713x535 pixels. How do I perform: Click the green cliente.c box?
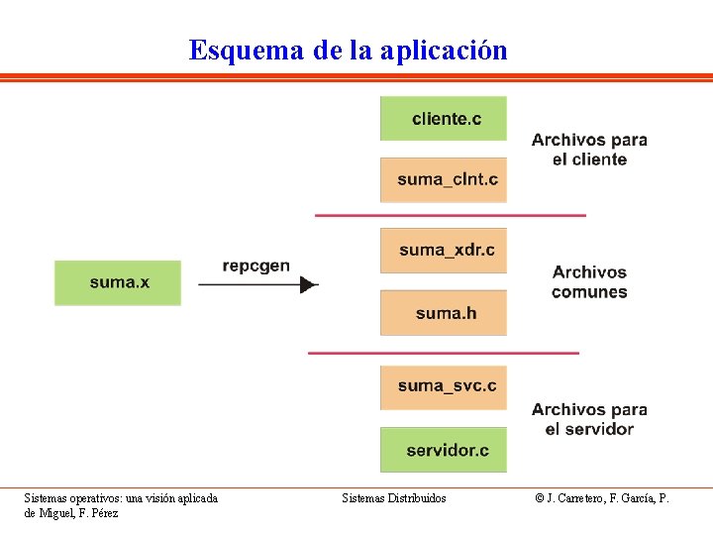tap(443, 119)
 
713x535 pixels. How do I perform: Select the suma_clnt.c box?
tap(443, 179)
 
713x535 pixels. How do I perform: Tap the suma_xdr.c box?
tap(443, 250)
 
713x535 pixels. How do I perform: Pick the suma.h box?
tap(443, 313)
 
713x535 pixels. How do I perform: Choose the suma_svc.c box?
tap(443, 386)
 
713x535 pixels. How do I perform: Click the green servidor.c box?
tap(443, 450)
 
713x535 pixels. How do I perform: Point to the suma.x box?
tap(118, 282)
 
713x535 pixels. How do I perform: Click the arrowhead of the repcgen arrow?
tap(309, 285)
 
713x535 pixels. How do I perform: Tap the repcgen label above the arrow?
tap(255, 266)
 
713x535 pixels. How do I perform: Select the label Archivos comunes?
tap(589, 281)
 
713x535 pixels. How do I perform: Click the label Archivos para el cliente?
tap(589, 150)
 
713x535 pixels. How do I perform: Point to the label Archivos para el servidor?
tap(589, 419)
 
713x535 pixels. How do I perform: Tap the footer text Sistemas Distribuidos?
tap(394, 498)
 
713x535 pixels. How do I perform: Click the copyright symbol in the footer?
tap(540, 498)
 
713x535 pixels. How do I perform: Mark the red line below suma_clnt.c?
tap(450, 215)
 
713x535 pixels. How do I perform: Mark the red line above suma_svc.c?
tap(443, 353)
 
